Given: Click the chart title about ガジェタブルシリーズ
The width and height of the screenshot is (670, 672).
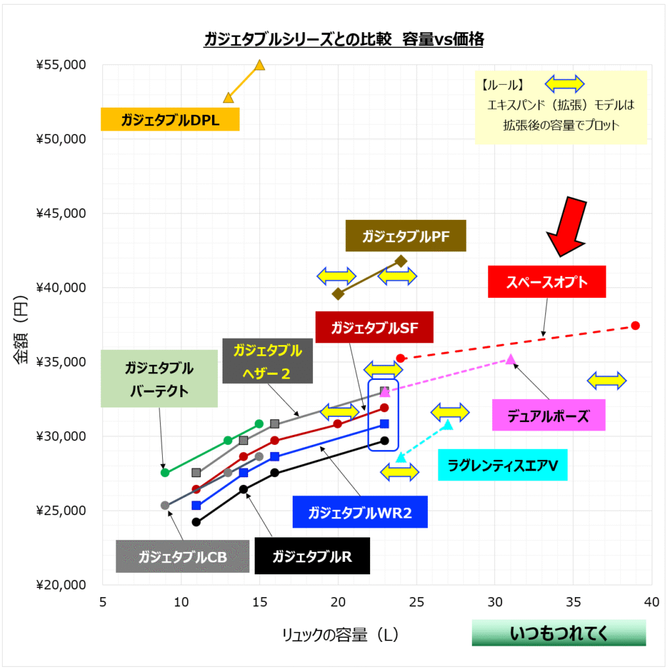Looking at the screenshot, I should coord(344,40).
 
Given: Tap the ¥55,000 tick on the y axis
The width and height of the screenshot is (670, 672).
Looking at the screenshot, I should coord(61,65).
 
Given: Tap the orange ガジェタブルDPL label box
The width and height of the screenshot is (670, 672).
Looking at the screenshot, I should coord(169,120).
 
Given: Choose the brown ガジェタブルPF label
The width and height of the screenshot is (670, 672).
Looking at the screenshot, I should coord(406,236).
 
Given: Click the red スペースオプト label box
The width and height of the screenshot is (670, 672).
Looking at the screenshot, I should coord(547,282).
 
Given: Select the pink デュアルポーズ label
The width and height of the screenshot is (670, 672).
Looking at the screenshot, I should coord(548,415).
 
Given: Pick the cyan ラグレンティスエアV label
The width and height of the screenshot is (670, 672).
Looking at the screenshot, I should coord(502,466).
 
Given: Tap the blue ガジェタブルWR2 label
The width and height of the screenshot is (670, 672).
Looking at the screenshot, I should coord(360,513).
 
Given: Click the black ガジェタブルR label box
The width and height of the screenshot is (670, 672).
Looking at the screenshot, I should coord(312,557).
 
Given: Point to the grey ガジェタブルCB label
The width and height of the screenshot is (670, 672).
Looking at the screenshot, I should coord(182,557).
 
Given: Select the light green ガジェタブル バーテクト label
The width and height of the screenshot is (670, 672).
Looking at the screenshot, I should coord(159,379).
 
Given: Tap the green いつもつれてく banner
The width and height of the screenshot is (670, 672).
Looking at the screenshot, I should coord(558,633).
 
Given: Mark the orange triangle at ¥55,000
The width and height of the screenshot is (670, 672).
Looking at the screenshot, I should coord(259,65).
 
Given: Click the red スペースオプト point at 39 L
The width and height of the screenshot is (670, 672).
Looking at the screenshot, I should coord(635,325).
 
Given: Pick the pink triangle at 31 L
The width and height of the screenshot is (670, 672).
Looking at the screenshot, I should coord(511,359).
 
